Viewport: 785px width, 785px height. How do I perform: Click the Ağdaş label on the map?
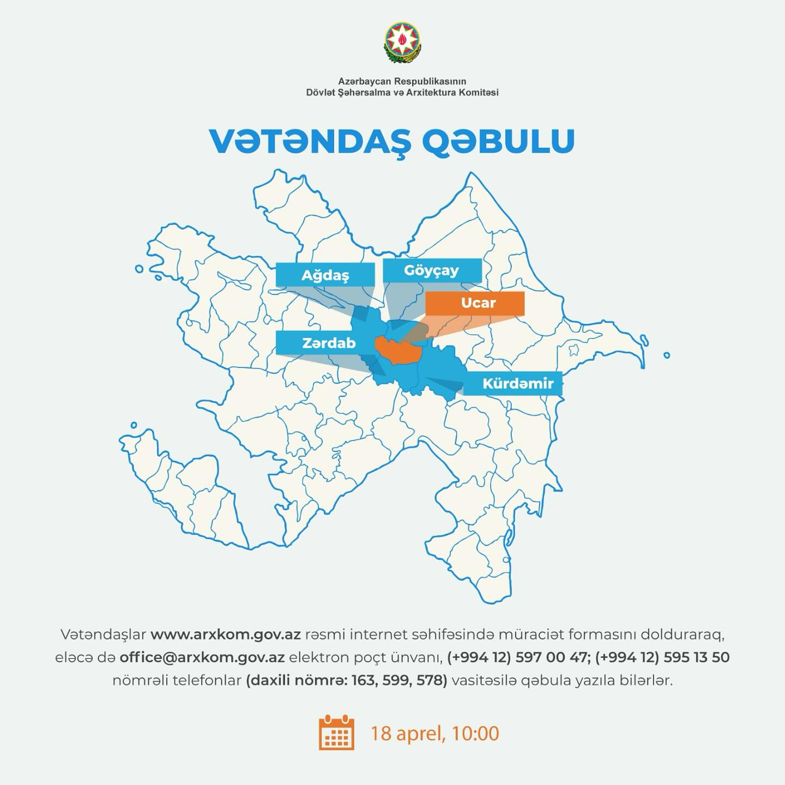[x=325, y=275]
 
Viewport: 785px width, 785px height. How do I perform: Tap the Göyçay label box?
[x=431, y=270]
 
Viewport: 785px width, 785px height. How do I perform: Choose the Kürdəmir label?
[x=517, y=383]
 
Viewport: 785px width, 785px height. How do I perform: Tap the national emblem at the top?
[x=402, y=41]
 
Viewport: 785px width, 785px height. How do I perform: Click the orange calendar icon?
[x=336, y=733]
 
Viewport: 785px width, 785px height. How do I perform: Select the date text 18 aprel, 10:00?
[x=434, y=733]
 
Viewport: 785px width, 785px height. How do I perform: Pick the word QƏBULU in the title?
[x=498, y=141]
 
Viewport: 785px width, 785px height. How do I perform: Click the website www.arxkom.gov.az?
[x=226, y=635]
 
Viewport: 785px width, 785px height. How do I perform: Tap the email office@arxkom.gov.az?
[x=202, y=657]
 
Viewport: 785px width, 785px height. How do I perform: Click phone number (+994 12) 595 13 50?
[x=662, y=657]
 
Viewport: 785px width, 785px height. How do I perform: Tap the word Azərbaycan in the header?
[x=363, y=81]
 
